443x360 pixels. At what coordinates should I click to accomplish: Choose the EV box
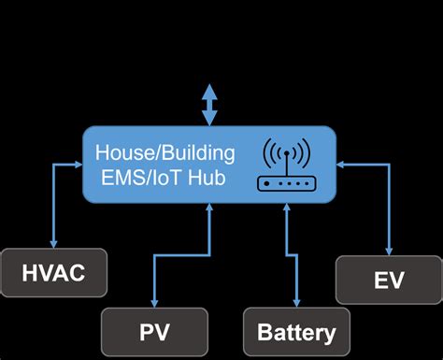pos(389,281)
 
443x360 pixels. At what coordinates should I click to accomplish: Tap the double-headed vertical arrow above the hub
pos(209,105)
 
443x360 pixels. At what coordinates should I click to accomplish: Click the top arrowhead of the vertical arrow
pos(209,91)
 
